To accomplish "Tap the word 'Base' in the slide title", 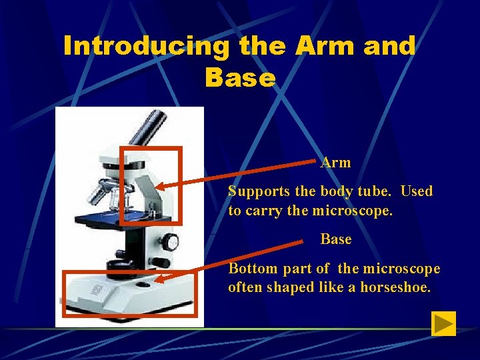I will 240,78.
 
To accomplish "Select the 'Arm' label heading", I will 335,162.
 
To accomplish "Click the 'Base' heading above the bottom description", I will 335,239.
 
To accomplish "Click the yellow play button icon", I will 443,323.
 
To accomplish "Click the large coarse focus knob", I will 171,241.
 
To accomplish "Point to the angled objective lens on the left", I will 99,193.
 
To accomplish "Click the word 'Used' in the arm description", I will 417,191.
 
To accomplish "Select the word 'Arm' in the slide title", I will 317,46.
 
